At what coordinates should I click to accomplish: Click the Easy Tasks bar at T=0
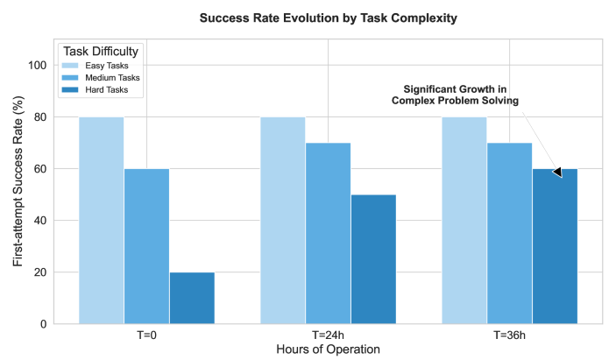coord(101,220)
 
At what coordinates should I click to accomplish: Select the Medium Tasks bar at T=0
coord(146,246)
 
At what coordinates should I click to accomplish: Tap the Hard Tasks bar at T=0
coord(192,298)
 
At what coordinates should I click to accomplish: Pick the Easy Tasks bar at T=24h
coord(282,220)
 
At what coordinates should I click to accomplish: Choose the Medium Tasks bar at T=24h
coord(328,233)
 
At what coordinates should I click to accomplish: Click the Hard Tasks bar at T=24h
coord(373,259)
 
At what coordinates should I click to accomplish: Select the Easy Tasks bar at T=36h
coord(464,220)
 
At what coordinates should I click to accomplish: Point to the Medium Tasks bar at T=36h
coord(510,233)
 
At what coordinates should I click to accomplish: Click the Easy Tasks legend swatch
coord(72,66)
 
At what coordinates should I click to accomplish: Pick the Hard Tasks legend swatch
coord(72,90)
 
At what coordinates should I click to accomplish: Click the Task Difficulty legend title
coord(101,52)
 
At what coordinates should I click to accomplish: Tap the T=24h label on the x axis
coord(328,335)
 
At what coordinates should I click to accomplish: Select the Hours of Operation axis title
coord(328,349)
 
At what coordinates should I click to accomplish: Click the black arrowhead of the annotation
coord(557,173)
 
